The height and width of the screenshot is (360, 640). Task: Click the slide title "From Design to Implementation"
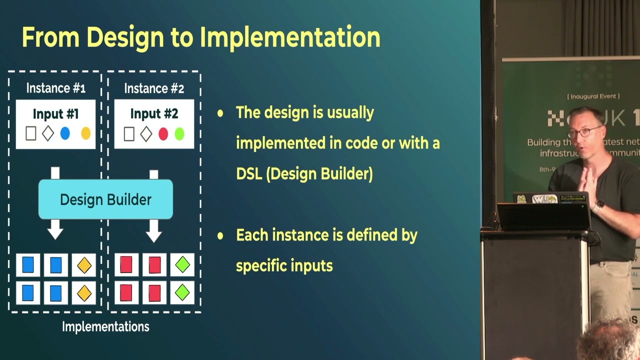tap(201, 37)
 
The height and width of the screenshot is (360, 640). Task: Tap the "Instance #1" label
tap(55, 88)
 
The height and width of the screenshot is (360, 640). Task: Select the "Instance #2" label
tap(154, 88)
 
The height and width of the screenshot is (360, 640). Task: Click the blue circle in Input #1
tap(65, 133)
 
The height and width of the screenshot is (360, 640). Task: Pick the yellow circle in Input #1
tap(85, 133)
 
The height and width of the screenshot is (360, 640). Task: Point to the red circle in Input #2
tap(163, 133)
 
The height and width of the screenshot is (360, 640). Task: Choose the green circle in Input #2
tap(179, 133)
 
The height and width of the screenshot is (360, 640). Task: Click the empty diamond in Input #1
tap(47, 133)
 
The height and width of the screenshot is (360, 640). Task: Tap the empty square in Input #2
tap(129, 133)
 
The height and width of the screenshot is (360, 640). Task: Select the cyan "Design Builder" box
tap(105, 199)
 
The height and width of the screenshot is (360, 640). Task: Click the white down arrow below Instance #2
tap(154, 230)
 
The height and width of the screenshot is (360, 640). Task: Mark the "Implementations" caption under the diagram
tap(105, 327)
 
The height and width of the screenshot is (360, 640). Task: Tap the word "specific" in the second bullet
tap(260, 266)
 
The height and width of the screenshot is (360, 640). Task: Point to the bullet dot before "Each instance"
tap(220, 235)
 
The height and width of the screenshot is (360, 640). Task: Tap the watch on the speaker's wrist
tap(599, 205)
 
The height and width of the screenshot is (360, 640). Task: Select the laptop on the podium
tap(544, 212)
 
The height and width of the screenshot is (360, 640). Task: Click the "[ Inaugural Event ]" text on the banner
tap(593, 96)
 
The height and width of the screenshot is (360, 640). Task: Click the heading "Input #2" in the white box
tap(154, 114)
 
